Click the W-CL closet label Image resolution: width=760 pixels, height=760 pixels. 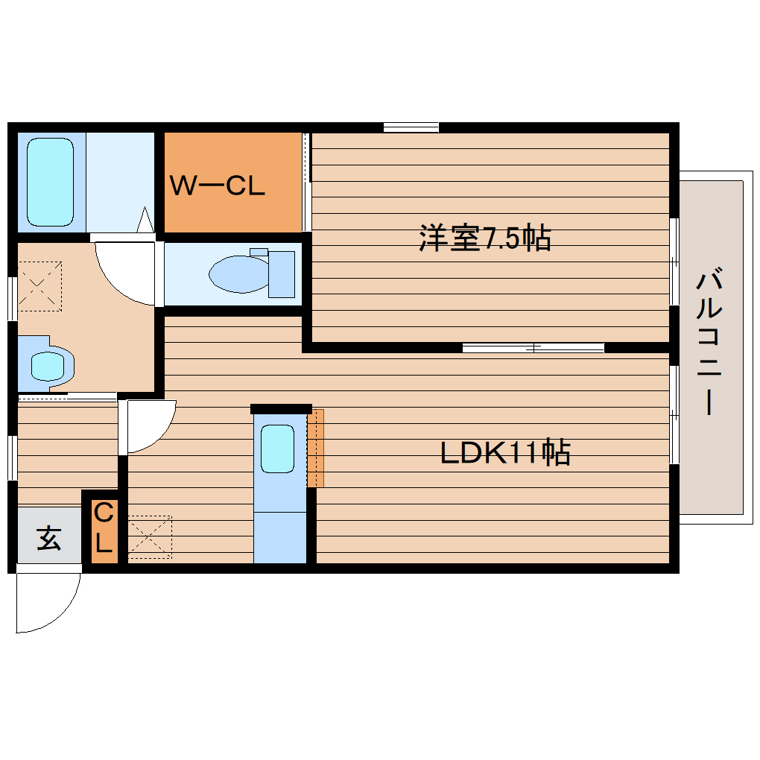(x=217, y=186)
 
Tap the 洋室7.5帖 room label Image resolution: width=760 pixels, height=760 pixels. (x=484, y=238)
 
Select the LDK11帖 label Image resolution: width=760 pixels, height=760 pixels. (x=505, y=452)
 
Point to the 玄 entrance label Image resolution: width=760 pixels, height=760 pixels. (x=48, y=537)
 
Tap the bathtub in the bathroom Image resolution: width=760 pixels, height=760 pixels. (x=51, y=183)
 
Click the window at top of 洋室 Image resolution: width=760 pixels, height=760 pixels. (x=411, y=127)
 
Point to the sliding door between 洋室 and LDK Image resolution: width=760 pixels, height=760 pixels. (x=533, y=347)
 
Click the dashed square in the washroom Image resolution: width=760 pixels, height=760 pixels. (x=39, y=285)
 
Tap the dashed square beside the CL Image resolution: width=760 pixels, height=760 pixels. (x=149, y=537)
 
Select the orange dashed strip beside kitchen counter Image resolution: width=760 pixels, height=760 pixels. (x=316, y=447)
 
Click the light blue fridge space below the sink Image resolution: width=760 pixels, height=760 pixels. (x=280, y=536)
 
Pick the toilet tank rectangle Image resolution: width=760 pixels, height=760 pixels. (x=282, y=273)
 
